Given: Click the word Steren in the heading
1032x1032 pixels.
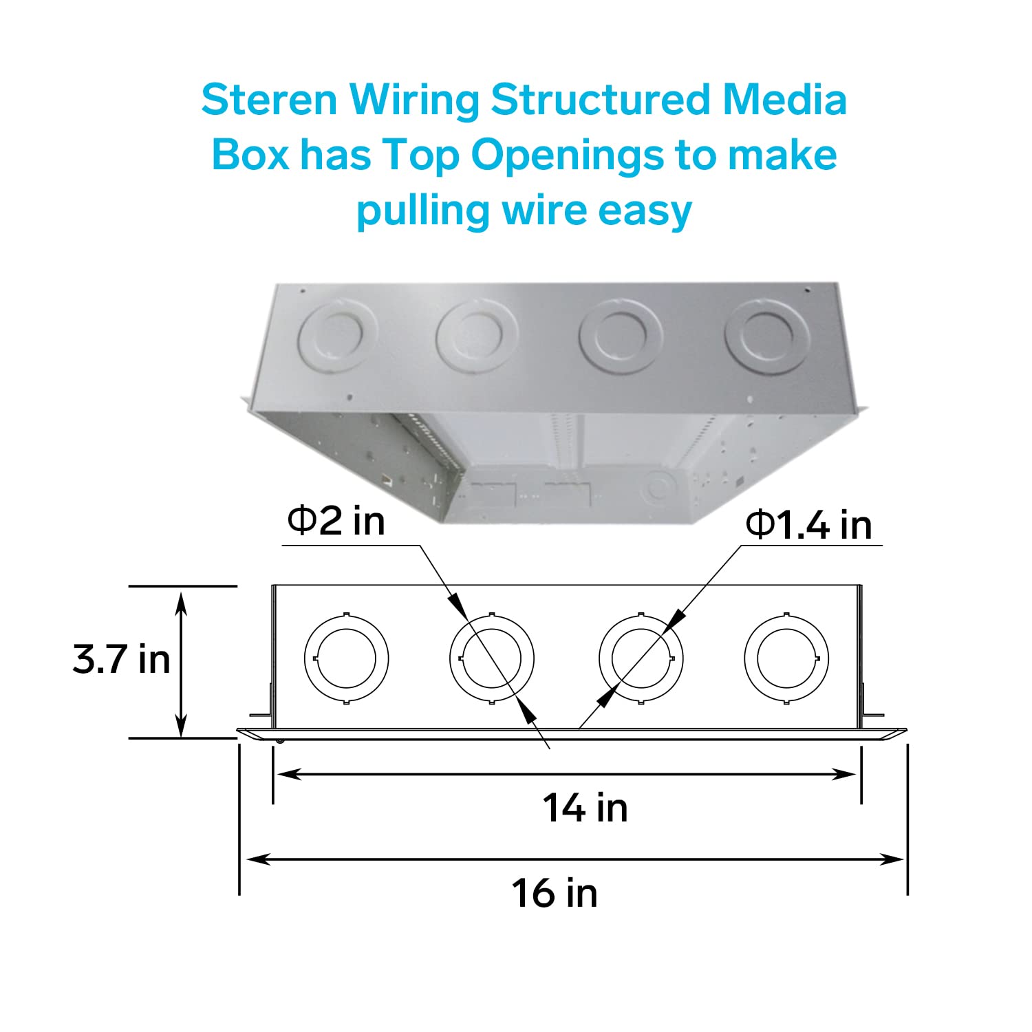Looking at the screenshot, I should pyautogui.click(x=269, y=100).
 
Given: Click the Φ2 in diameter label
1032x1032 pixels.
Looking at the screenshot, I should pyautogui.click(x=336, y=521).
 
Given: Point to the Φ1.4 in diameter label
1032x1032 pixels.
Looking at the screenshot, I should pyautogui.click(x=808, y=526).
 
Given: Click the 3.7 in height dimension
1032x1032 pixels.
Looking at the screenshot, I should pyautogui.click(x=121, y=659).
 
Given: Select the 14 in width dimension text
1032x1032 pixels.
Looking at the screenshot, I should pyautogui.click(x=585, y=808).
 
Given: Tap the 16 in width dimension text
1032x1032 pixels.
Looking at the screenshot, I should pyautogui.click(x=555, y=893).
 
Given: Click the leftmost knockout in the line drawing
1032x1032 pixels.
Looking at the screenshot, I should pyautogui.click(x=346, y=658).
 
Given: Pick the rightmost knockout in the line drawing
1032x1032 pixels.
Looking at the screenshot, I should pyautogui.click(x=786, y=658).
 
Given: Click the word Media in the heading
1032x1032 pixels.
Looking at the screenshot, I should pyautogui.click(x=784, y=100).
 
